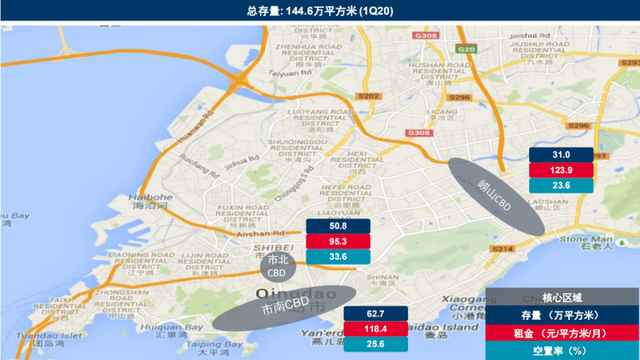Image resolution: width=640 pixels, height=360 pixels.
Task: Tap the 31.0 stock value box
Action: pos(561,154)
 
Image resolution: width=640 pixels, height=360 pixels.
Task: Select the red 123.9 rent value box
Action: pos(561,170)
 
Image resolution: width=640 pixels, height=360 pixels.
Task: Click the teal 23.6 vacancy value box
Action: pos(561,185)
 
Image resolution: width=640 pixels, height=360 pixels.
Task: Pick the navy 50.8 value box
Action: pos(338,226)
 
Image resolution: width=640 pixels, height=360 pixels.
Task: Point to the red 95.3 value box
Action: pos(338,241)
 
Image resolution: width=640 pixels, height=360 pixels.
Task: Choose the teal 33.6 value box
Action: pos(338,257)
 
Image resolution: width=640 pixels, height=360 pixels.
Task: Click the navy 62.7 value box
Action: pos(376,314)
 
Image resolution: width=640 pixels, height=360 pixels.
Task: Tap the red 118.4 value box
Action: pos(376,329)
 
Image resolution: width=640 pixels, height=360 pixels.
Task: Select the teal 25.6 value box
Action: pos(376,345)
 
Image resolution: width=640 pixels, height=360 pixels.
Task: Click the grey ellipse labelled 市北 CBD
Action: pos(278,266)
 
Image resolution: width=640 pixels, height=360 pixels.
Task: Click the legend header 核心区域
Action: pos(562,297)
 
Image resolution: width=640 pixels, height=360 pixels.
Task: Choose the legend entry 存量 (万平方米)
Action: pos(562,314)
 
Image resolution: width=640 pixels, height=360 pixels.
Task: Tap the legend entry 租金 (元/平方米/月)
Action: pos(562,333)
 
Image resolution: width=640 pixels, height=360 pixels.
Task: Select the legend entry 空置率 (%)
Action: pos(562,351)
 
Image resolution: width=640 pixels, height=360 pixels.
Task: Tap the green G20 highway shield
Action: pos(465,49)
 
